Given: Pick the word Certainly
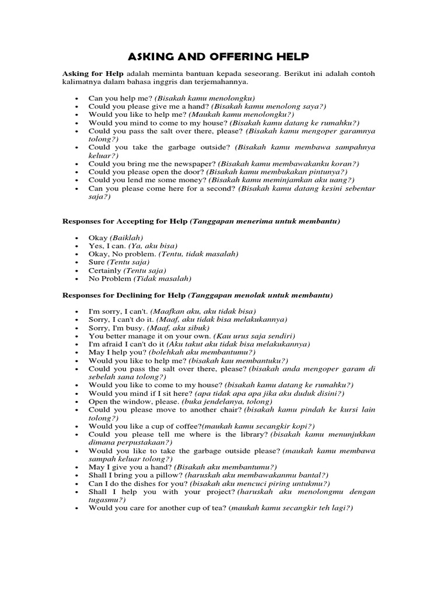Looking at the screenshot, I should [x=105, y=271].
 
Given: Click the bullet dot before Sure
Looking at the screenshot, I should [x=77, y=263].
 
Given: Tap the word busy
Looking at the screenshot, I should [x=133, y=328].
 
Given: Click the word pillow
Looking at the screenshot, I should [x=160, y=475].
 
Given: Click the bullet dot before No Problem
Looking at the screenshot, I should [x=77, y=279].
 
